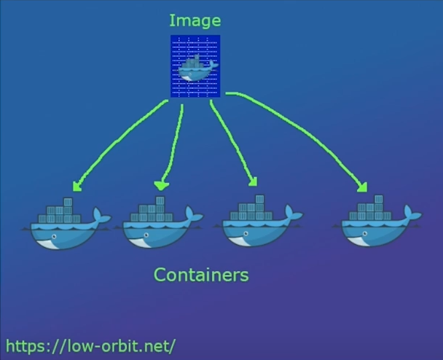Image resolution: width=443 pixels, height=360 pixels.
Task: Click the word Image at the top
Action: click(195, 20)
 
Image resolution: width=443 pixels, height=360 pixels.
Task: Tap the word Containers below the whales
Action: click(201, 275)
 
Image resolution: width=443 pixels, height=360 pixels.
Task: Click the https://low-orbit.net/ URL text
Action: click(91, 344)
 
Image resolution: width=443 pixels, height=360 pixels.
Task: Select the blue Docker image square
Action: click(195, 66)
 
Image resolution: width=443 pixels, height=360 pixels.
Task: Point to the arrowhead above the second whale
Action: click(161, 185)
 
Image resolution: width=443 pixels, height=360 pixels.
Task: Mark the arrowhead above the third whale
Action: click(252, 182)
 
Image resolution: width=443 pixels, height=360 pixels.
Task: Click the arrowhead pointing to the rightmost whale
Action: click(362, 188)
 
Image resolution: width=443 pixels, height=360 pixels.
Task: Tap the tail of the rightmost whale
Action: click(412, 214)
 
